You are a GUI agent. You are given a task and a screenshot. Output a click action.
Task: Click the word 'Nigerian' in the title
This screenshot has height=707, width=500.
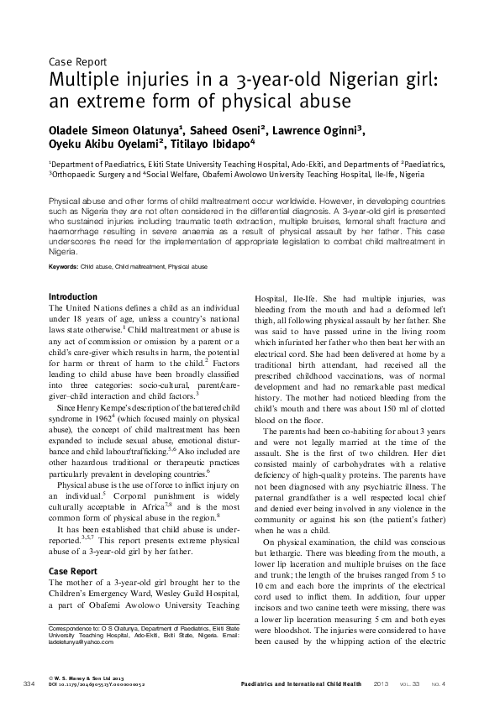coord(313,81)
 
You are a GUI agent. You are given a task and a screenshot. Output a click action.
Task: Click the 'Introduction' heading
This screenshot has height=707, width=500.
coord(73,296)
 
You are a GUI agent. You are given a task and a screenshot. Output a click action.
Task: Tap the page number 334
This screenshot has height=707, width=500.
coord(29,683)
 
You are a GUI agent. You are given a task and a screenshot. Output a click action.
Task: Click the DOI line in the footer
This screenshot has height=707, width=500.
coord(96,684)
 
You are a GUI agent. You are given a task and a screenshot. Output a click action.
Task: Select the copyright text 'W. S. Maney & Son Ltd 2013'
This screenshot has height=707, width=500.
coord(91,678)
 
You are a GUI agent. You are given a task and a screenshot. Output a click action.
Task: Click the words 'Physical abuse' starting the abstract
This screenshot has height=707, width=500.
coord(75,204)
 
